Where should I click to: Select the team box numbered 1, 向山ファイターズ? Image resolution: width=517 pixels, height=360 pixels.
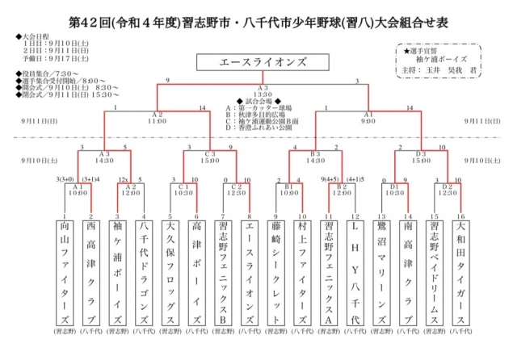pyautogui.click(x=65, y=270)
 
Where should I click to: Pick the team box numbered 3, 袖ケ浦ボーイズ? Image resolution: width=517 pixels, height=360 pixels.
pyautogui.click(x=117, y=270)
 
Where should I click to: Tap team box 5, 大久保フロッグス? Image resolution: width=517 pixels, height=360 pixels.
pyautogui.click(x=170, y=270)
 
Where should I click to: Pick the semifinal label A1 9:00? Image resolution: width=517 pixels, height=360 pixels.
pyautogui.click(x=368, y=117)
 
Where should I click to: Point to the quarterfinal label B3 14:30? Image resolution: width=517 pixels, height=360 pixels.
pyautogui.click(x=316, y=156)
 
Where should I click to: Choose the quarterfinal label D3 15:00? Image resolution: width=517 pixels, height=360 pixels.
pyautogui.click(x=421, y=156)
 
